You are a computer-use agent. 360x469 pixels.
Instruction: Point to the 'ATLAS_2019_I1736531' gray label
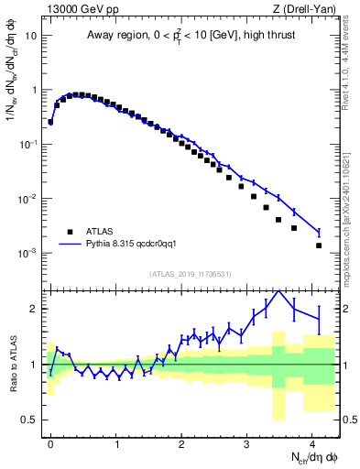(191, 274)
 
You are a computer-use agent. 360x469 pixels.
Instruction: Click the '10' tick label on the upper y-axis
(30, 37)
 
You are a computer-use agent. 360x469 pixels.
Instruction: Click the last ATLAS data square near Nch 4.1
(319, 245)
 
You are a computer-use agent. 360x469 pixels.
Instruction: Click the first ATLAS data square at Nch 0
(50, 121)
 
